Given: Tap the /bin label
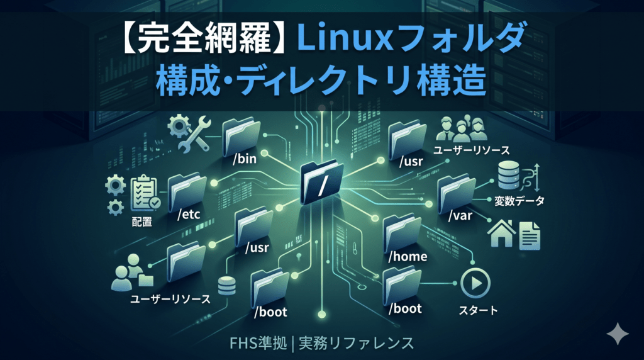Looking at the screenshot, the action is click(x=245, y=159).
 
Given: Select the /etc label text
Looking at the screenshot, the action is click(x=189, y=214).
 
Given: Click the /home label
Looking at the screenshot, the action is click(x=408, y=256).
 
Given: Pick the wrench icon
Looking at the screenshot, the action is click(x=194, y=133).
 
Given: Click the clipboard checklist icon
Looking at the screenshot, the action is click(x=145, y=193).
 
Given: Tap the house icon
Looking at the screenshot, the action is click(x=501, y=233).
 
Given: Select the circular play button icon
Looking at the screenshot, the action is click(x=475, y=283).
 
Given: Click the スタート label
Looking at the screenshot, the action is click(x=478, y=310).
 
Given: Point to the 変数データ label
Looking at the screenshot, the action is click(x=519, y=201).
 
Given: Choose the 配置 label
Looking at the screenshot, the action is click(x=142, y=222).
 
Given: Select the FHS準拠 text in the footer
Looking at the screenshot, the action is click(x=258, y=343).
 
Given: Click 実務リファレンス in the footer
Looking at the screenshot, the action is click(x=356, y=343).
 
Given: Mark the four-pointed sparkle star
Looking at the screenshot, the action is click(x=618, y=334).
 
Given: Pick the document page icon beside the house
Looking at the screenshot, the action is click(x=530, y=235).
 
